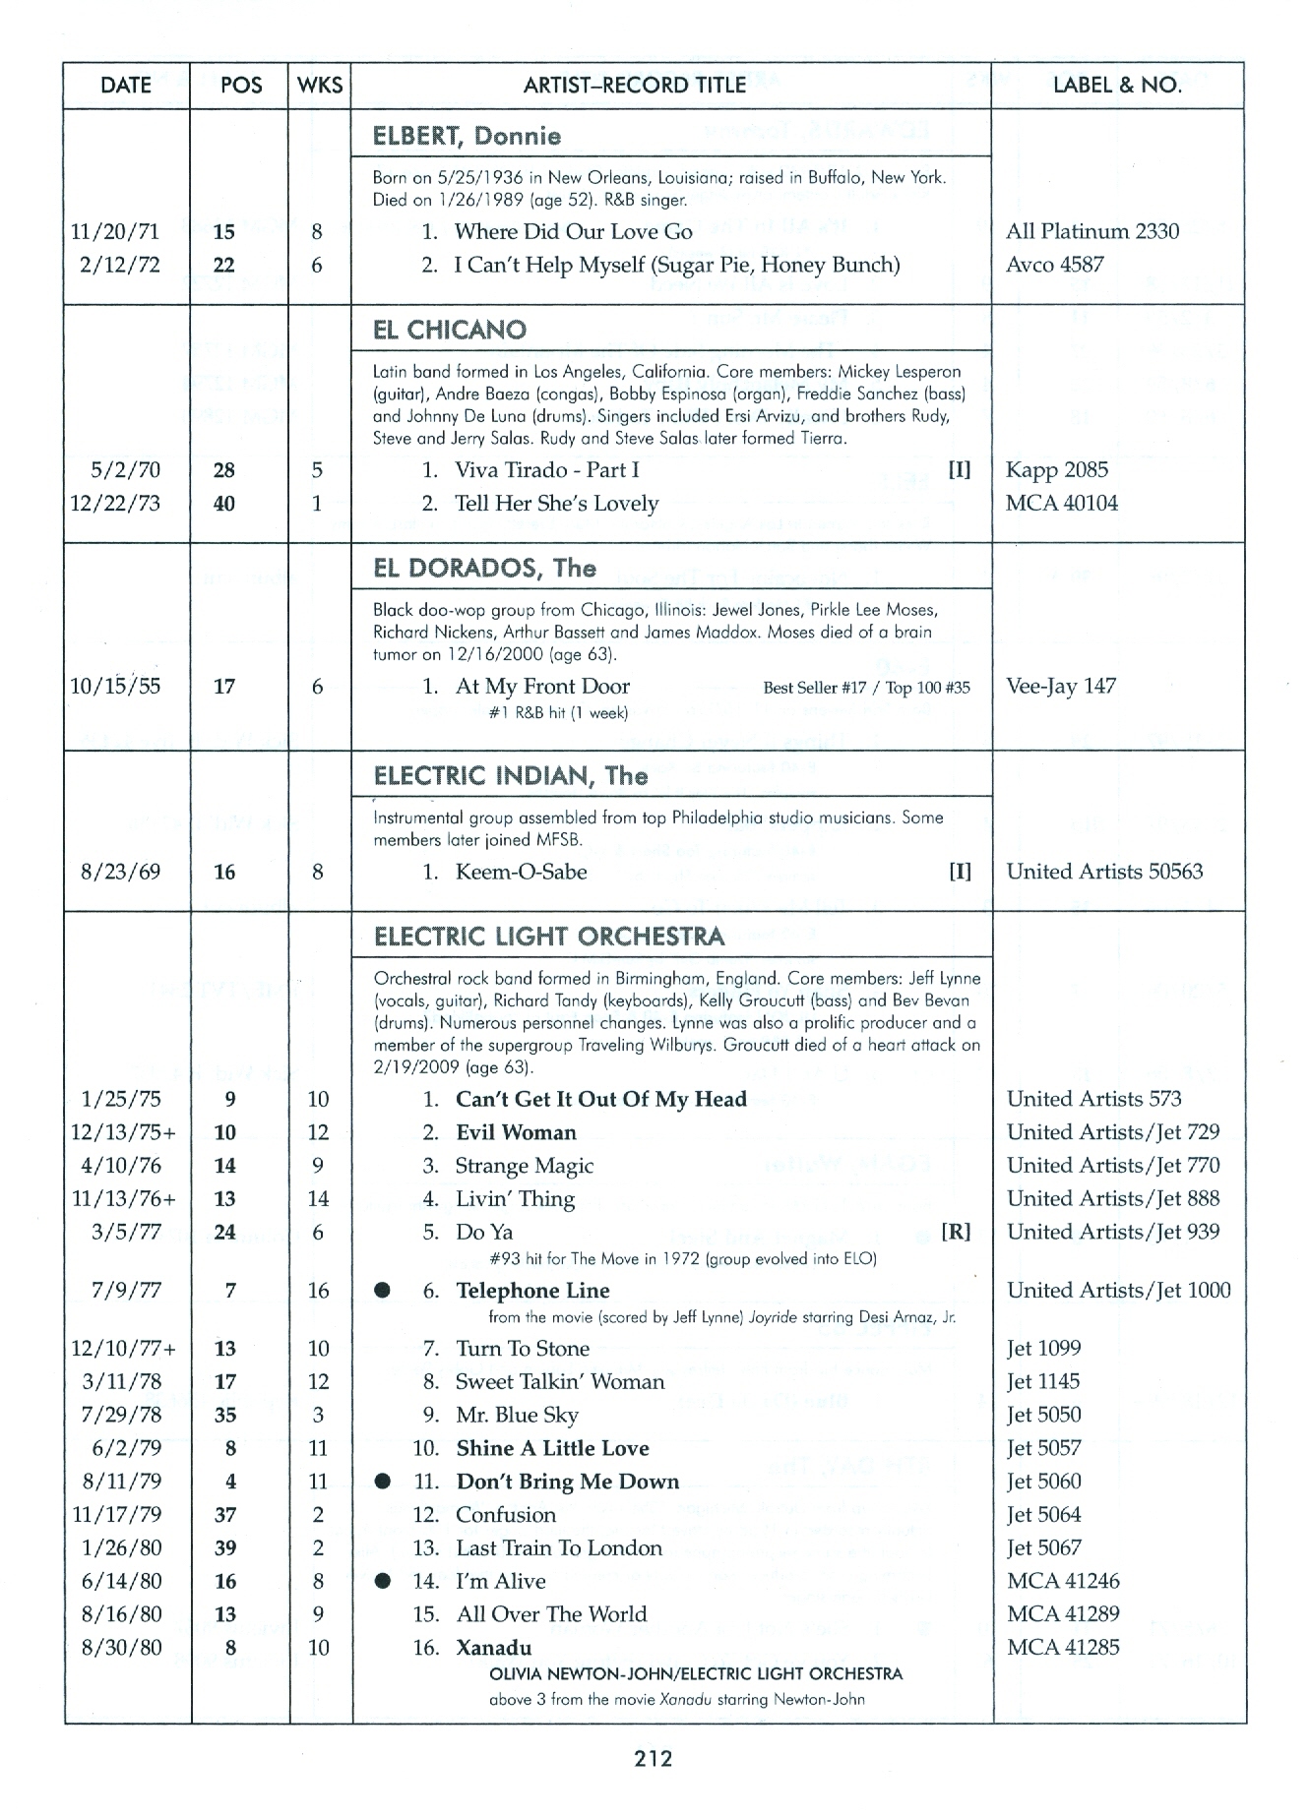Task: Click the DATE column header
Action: pos(126,86)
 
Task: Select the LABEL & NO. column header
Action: pos(1117,86)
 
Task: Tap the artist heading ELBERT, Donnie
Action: pos(467,137)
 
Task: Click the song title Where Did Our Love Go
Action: pos(573,232)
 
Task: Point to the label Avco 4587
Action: pos(1054,265)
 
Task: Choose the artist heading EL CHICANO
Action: pos(450,330)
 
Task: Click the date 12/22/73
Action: pos(116,504)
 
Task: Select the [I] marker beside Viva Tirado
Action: pos(959,470)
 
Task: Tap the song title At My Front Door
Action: pos(542,687)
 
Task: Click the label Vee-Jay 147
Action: pos(1061,687)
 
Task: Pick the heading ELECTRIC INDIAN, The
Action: pos(510,776)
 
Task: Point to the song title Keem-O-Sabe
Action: pos(521,872)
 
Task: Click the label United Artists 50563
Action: pos(1104,872)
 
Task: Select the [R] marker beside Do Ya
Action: pos(956,1233)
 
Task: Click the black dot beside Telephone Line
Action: pos(383,1291)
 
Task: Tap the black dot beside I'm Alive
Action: pos(383,1581)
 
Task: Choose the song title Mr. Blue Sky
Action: pos(517,1416)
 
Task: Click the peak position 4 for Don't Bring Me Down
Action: pos(225,1482)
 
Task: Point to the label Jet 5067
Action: pos(1043,1548)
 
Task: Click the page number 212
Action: pos(655,1759)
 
